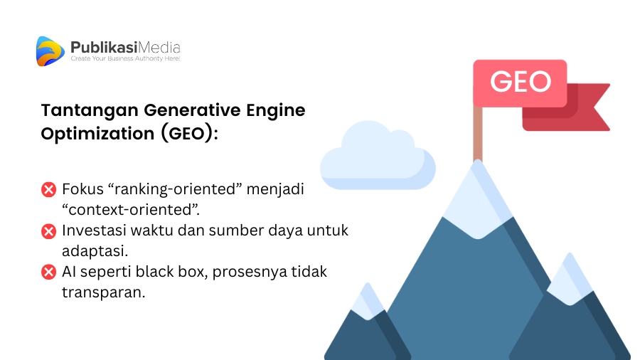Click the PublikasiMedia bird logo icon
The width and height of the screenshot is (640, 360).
click(x=50, y=51)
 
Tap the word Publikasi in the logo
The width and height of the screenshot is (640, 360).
click(x=104, y=48)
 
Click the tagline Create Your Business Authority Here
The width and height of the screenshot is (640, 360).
click(x=125, y=58)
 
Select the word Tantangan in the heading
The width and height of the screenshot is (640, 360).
click(x=90, y=110)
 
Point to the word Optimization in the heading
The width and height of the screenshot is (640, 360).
click(x=97, y=134)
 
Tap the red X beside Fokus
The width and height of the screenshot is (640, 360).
click(x=48, y=190)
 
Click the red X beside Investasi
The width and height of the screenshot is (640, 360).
click(x=48, y=231)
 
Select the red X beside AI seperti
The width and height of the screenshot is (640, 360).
click(x=48, y=272)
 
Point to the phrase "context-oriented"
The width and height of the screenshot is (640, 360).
click(x=130, y=209)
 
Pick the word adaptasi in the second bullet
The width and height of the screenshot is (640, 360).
click(x=95, y=251)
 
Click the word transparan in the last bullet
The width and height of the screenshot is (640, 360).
click(x=103, y=292)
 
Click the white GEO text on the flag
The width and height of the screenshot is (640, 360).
click(x=521, y=82)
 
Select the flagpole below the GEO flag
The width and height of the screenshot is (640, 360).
click(x=478, y=134)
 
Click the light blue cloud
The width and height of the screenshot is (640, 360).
click(x=378, y=156)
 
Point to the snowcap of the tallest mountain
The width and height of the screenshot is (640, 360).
click(x=478, y=199)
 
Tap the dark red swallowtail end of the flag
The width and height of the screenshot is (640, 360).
click(x=588, y=107)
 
